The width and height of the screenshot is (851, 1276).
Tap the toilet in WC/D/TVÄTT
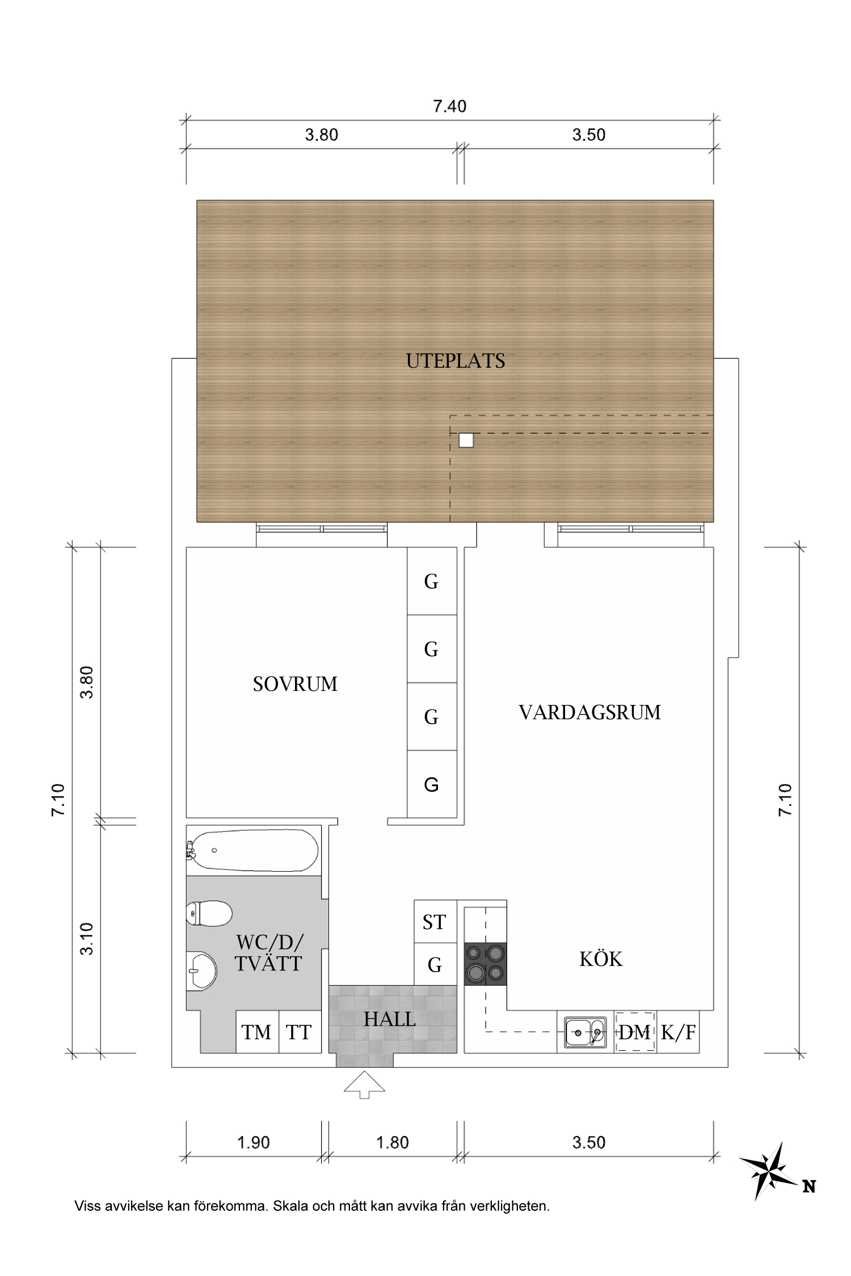(x=209, y=914)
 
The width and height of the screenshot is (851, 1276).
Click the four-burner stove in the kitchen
(x=485, y=964)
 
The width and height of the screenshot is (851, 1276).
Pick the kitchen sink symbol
(x=585, y=1032)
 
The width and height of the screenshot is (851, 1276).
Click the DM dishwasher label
(x=635, y=1033)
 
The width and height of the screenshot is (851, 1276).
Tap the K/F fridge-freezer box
(x=678, y=1033)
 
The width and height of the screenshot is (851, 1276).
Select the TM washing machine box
(x=256, y=1033)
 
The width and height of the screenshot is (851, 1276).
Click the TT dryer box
(x=299, y=1033)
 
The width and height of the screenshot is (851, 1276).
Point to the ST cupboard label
(x=435, y=923)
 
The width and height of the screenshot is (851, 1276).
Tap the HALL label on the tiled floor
(x=390, y=1019)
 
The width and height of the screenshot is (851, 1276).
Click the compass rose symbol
(x=768, y=1171)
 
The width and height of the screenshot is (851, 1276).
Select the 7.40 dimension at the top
(x=449, y=107)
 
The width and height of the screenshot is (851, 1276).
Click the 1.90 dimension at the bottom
(x=253, y=1142)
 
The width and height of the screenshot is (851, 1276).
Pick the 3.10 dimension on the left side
(x=86, y=939)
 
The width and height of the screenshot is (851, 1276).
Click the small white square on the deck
(x=466, y=440)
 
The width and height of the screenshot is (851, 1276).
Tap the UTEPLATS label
(x=456, y=361)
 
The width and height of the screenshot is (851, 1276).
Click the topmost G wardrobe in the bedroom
(x=432, y=581)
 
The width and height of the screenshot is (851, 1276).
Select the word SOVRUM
(x=295, y=685)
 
